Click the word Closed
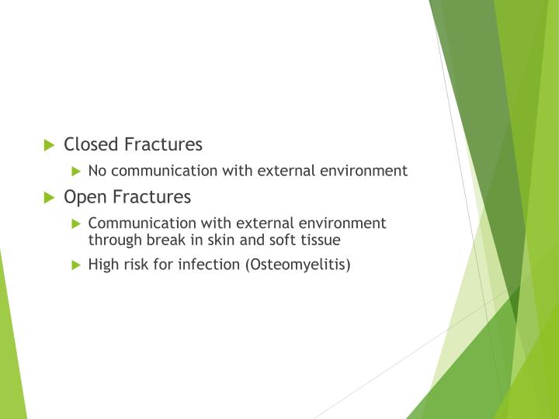(90, 144)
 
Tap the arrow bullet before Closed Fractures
(50, 144)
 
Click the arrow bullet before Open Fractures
(50, 197)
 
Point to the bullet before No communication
(75, 171)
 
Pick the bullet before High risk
(75, 265)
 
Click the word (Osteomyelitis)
(299, 265)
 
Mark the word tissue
(320, 241)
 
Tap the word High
(104, 265)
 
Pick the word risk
(139, 265)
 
